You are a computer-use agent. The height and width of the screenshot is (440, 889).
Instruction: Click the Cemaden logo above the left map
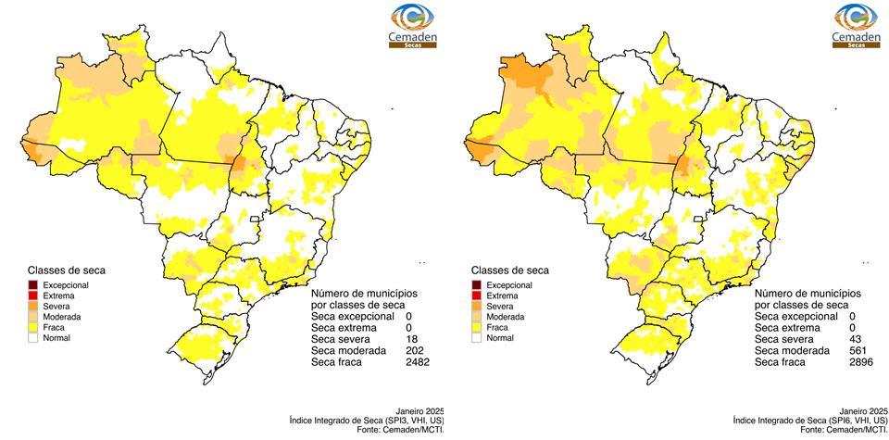click(x=412, y=25)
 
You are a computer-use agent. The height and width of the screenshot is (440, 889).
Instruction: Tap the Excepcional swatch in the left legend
click(x=32, y=285)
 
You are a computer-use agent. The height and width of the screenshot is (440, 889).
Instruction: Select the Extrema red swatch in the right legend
click(x=476, y=295)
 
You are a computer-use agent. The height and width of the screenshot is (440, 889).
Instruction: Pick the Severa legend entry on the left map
click(x=32, y=306)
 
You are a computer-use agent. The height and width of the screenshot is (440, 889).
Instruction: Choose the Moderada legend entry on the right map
click(x=476, y=317)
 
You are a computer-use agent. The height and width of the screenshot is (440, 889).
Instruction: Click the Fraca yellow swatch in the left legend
click(x=32, y=327)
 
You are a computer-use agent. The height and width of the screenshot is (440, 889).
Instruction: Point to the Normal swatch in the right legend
click(x=476, y=338)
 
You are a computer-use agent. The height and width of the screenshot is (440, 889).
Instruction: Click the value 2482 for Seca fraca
click(x=419, y=361)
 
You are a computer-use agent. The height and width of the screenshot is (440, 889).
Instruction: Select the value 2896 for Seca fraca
click(x=862, y=362)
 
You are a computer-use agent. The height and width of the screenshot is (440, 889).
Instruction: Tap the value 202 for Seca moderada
click(x=415, y=351)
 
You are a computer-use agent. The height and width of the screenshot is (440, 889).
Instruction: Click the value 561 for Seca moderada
click(x=858, y=351)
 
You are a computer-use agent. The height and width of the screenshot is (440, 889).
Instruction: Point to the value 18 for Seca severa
click(x=411, y=340)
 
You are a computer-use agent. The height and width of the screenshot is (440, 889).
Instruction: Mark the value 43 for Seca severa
click(x=855, y=340)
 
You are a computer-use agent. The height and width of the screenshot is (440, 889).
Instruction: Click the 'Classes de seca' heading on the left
click(x=66, y=270)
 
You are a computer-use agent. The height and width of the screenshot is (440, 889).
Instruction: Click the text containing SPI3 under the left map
click(x=360, y=421)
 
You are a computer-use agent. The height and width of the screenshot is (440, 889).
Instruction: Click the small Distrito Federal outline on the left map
click(x=254, y=219)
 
